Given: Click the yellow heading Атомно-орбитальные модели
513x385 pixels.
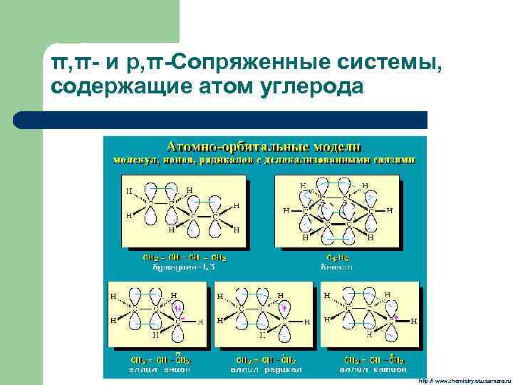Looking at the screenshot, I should click(x=264, y=146).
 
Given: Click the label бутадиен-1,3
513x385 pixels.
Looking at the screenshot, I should click(x=185, y=267).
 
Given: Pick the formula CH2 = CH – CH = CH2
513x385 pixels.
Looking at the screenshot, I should click(x=185, y=258).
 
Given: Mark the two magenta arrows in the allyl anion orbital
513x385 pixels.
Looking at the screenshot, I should click(x=179, y=309).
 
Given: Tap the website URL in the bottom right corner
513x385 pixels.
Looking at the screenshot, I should click(x=464, y=381).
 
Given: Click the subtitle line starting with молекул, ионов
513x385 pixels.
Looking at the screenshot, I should click(x=264, y=160).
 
